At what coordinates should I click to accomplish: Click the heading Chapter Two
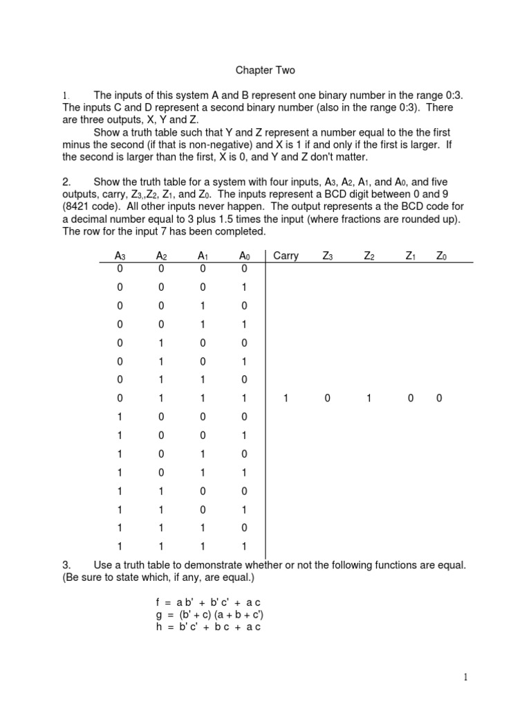pos(265,70)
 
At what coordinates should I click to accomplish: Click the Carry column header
pos(286,255)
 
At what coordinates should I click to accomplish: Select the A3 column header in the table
pos(120,255)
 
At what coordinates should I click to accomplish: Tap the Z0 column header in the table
pos(441,255)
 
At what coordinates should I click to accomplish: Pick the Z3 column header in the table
pos(328,255)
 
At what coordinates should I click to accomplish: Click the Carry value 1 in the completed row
pos(286,398)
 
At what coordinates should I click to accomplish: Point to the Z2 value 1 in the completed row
pos(369,398)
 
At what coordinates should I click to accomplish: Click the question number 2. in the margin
pos(66,181)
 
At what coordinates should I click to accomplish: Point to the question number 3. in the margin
pos(66,566)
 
